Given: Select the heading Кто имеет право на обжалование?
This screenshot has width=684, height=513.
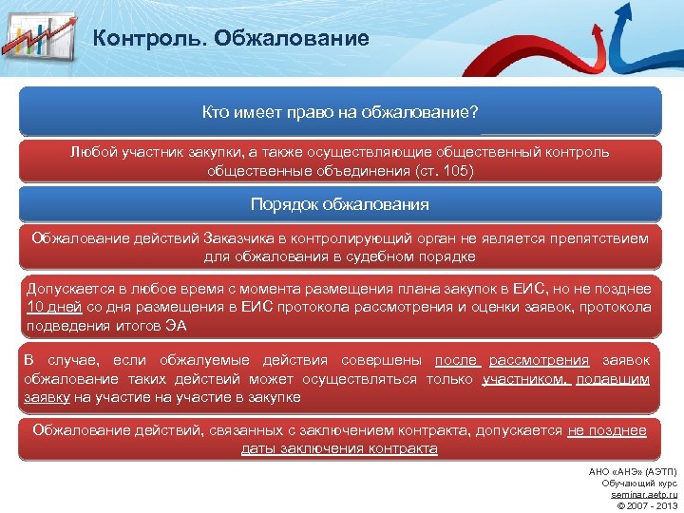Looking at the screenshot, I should coord(340,113).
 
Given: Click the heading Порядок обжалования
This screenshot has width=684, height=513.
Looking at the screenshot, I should coord(340,204).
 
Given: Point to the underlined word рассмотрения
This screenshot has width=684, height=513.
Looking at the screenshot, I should coord(539,360).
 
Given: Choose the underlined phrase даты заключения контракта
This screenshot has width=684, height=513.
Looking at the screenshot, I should coord(339,448).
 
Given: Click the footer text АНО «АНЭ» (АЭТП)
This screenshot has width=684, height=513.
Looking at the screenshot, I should coord(634,472).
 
